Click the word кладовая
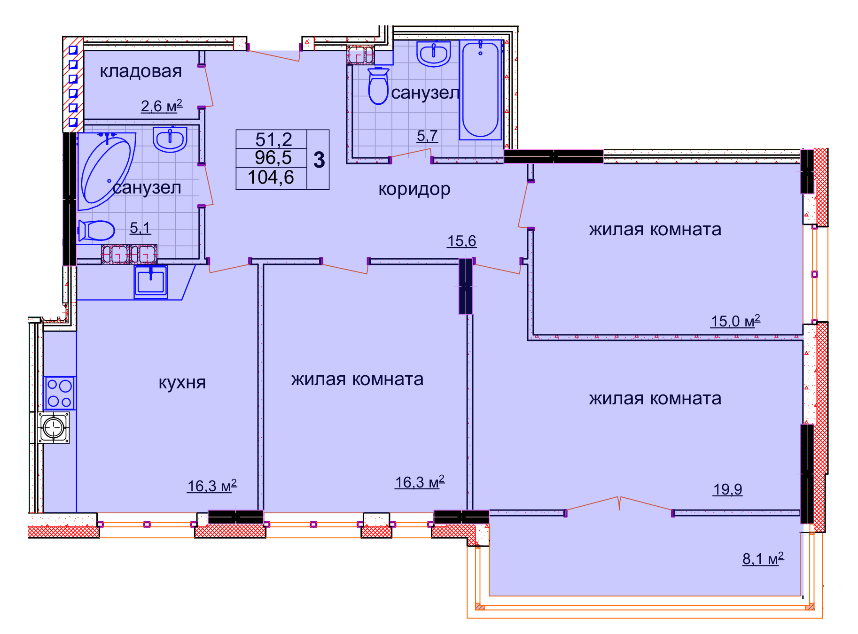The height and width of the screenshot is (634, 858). point(140,71)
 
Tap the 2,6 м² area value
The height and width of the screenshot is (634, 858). point(162,106)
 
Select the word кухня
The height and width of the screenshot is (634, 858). point(182,383)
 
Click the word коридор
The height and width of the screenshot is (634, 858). point(414,189)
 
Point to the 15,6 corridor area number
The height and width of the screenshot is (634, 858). point(461,241)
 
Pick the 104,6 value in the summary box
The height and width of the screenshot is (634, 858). point(271,178)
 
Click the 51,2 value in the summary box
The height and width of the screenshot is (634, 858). point(273,139)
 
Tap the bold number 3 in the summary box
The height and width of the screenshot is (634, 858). point(320,160)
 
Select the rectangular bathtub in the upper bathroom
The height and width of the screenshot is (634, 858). point(480,90)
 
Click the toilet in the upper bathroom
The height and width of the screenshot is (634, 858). point(378,86)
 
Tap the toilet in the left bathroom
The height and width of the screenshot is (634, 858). point(96,231)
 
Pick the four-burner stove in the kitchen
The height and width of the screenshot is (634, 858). point(60,393)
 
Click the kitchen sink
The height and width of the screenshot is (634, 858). point(151,282)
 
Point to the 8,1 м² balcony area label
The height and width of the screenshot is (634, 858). point(763,558)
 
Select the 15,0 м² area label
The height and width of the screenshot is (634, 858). point(735,321)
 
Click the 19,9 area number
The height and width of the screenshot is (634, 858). point(727,489)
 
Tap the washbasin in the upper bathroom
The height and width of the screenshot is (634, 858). point(434,54)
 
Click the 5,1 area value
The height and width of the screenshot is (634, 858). point(140,228)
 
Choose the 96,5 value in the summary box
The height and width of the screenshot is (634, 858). point(273,158)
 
